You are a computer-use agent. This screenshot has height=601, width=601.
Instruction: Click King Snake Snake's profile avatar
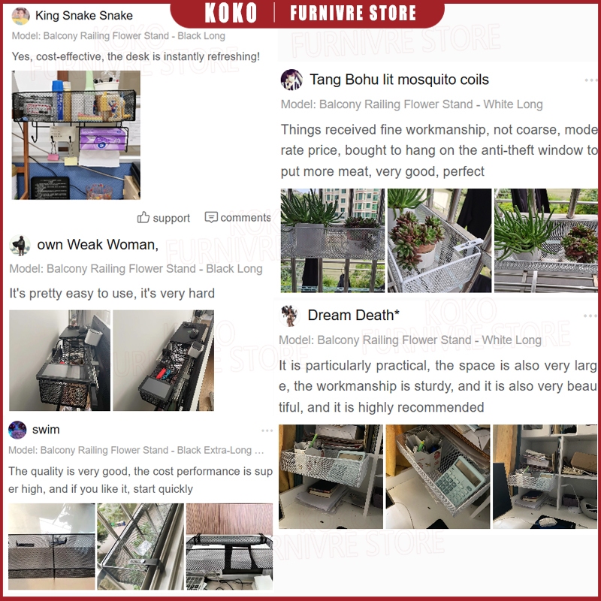pos(21,16)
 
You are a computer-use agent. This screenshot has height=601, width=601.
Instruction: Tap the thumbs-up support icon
pos(143,217)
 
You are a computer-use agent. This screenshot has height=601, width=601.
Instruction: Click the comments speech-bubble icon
pos(211,217)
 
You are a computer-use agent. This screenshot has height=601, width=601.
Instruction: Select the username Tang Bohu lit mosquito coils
pos(399,80)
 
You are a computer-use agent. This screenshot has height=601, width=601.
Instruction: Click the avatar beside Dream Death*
pos(289,316)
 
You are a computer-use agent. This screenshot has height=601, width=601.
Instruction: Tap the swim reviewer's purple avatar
pos(17,430)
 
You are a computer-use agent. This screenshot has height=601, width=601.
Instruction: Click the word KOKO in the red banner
pos(231,13)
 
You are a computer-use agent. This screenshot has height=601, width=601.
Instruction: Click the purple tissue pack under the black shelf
pos(103,138)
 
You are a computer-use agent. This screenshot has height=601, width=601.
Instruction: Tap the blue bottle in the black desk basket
pos(59,100)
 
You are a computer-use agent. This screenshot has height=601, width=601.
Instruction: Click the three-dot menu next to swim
pos(267,430)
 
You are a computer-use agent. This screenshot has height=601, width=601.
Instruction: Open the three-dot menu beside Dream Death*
pos(590,316)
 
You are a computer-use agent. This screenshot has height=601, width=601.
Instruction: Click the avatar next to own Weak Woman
pos(20,246)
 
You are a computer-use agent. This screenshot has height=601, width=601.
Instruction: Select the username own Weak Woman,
pos(98,245)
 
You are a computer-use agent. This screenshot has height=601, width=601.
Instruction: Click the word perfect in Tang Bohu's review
pos(464,171)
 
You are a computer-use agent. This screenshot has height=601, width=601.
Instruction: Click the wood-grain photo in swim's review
pos(229,546)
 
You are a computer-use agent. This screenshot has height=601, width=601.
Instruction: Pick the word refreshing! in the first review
pos(234,56)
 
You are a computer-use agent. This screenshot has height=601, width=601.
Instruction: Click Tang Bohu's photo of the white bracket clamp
pos(439,240)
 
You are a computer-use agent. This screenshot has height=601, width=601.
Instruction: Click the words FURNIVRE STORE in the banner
pos(352,13)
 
